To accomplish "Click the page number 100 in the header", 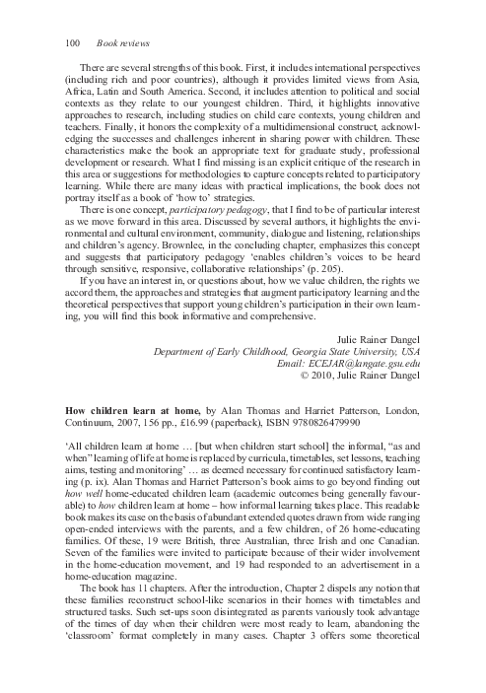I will pyautogui.click(x=72, y=42).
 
